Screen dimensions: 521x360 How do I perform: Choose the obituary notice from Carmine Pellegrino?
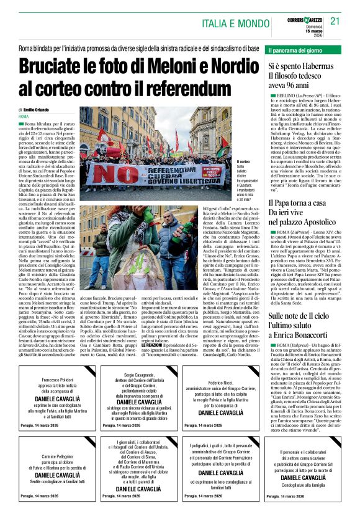click(51, 466)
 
